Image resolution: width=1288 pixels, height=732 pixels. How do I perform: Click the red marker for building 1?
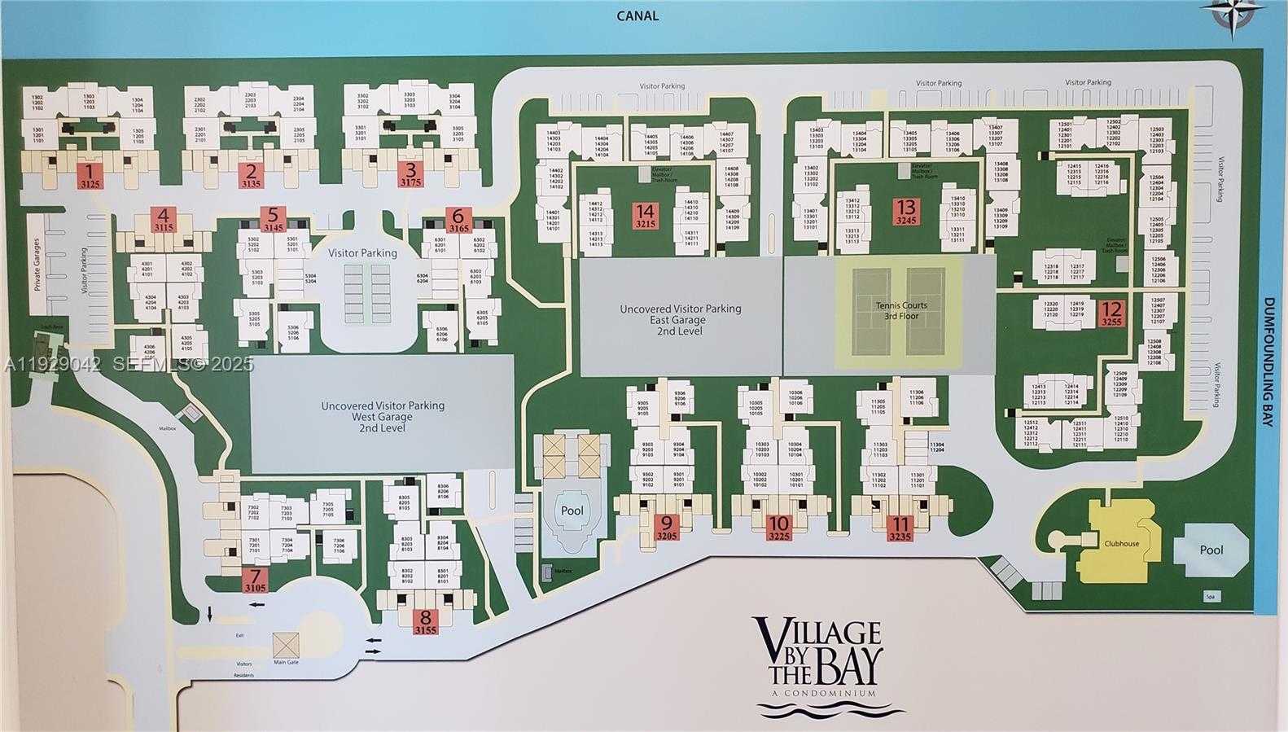tap(90, 175)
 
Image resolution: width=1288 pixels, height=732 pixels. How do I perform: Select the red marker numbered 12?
tap(1111, 313)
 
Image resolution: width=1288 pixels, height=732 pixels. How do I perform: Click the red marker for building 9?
tap(667, 528)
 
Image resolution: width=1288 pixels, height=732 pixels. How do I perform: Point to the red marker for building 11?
tap(900, 528)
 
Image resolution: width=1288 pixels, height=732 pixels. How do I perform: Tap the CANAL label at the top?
tap(637, 15)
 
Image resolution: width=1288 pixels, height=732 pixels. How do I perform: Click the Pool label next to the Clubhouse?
tap(1211, 550)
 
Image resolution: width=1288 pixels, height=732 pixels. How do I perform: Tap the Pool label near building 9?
tap(572, 511)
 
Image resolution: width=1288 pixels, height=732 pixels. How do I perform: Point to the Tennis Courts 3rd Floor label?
tap(901, 310)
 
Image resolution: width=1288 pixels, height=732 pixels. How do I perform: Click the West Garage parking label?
tap(382, 416)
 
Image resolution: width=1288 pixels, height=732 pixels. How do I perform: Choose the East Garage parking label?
tap(680, 320)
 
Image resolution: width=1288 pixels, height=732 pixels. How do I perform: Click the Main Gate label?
tap(286, 661)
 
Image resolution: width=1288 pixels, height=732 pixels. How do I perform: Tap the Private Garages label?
tap(37, 265)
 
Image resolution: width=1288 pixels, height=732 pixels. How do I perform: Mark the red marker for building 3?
tap(411, 175)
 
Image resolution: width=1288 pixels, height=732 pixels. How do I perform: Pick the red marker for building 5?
tap(273, 219)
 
